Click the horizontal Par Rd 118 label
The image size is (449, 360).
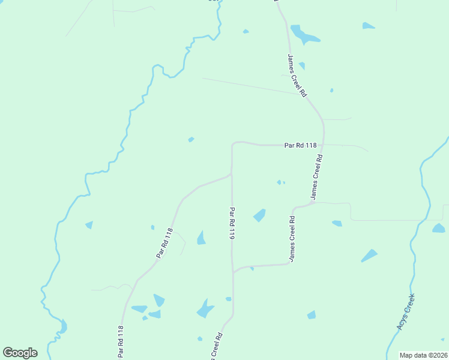pos(300,145)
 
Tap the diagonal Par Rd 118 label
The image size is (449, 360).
pos(164,243)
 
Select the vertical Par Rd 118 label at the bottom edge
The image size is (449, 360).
pos(121,342)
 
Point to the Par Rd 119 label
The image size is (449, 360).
pos(232,224)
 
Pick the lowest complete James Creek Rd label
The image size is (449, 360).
pos(292,239)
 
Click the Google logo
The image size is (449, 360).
pos(20,353)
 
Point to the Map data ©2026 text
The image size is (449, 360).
pos(423,355)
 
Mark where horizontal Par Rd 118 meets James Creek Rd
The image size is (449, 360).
pos(324,145)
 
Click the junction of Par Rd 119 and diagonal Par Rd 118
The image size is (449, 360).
pos(232,175)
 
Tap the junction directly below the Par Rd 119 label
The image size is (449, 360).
pos(232,272)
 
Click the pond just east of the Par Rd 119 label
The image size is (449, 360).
pos(259,215)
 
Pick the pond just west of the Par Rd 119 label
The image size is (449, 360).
pos(201,238)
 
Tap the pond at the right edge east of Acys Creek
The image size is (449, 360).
pos(439,228)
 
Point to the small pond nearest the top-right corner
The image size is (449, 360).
pos(368,26)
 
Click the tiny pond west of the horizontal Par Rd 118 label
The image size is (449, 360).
pos(191,139)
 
